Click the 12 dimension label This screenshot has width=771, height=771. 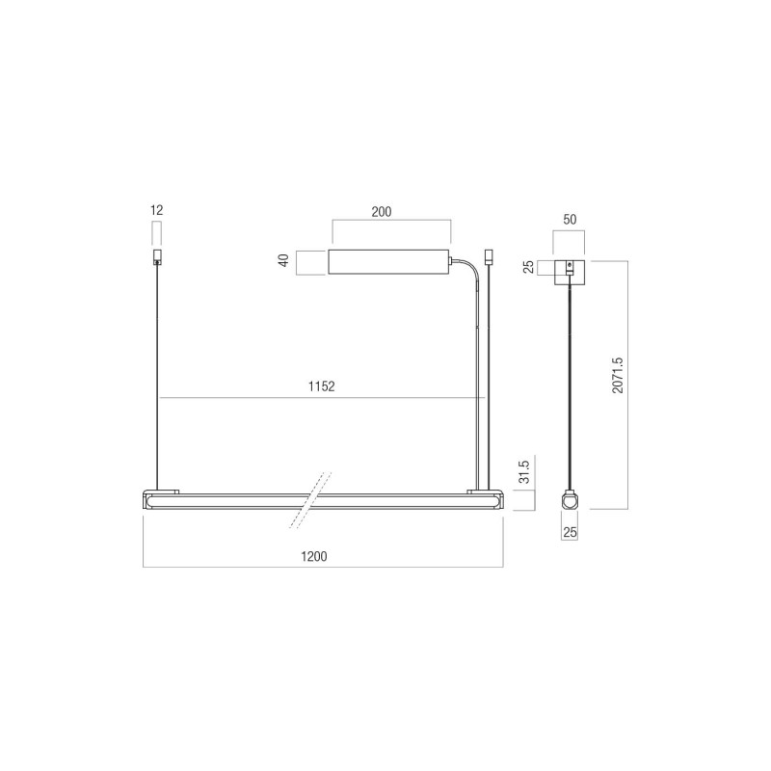click(156, 210)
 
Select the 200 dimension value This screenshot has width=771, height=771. click(382, 212)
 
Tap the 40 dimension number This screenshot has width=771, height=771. click(283, 260)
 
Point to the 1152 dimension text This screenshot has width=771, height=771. click(322, 386)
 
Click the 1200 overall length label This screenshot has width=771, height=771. click(314, 557)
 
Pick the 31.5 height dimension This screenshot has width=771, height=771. click(524, 471)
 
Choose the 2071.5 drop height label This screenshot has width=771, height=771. click(618, 375)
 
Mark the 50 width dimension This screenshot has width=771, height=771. click(570, 220)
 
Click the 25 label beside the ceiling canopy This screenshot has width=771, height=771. click(528, 267)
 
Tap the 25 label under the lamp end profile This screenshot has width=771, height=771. click(570, 532)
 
